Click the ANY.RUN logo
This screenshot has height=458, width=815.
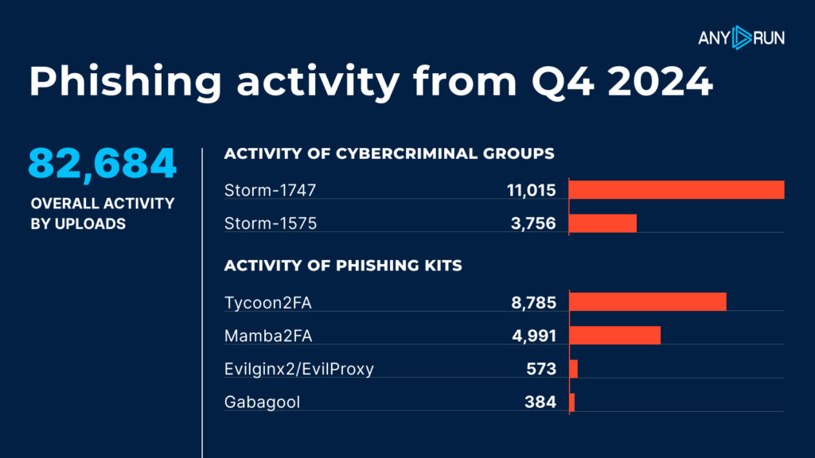point(740,37)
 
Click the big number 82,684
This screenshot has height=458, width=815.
point(103,164)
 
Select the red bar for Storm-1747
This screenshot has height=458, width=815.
point(677,189)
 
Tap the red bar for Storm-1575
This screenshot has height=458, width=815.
point(602,223)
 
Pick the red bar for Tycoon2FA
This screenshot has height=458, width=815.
point(648,301)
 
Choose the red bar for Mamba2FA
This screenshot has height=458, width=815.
point(614,336)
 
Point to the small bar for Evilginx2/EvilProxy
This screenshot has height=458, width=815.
point(573,369)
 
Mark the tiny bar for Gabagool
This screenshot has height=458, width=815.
point(571,402)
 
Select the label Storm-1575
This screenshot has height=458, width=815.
point(271,223)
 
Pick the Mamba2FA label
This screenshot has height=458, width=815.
point(269,336)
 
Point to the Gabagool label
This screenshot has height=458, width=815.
point(263,402)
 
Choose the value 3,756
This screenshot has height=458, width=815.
point(533,223)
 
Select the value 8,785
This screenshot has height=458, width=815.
point(533,301)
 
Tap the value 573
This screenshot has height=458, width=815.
point(541,369)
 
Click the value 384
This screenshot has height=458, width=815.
point(540,402)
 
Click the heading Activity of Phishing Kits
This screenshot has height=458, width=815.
point(343,266)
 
